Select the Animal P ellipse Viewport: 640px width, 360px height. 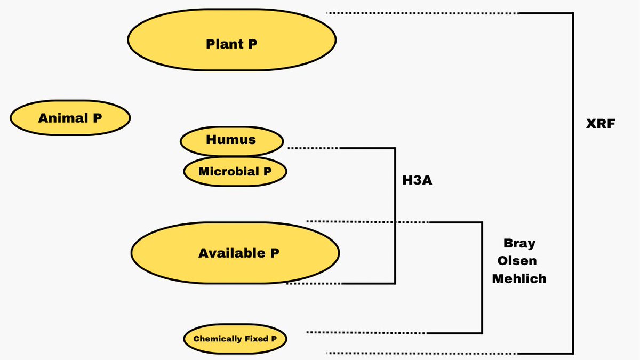70,118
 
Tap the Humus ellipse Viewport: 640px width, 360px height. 231,141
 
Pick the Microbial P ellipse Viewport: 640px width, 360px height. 235,172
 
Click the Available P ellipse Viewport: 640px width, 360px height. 235,253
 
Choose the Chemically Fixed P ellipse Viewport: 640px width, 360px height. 235,339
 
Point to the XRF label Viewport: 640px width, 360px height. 601,124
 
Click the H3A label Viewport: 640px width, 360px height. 417,180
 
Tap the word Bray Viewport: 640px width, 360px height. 519,243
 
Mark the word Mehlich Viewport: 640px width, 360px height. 519,278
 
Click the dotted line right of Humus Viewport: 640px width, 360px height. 313,148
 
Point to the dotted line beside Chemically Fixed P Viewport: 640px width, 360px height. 366,333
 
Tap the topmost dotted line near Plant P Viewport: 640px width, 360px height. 421,13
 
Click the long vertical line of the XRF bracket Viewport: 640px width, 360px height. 573,181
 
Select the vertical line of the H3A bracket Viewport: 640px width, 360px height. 395,213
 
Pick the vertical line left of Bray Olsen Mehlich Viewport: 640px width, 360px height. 482,277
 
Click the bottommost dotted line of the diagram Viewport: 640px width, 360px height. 421,353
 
